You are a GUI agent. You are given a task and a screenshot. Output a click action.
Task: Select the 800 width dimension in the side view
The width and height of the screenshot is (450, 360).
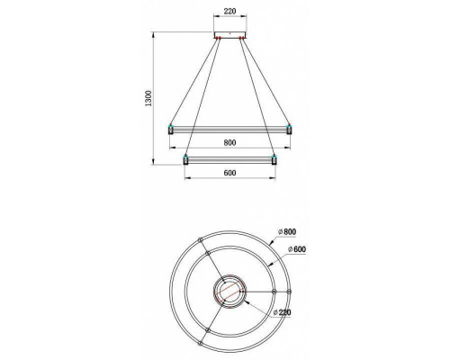coord(229,141)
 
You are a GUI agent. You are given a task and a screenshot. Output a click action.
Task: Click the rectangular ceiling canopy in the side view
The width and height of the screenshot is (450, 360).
coord(229,35)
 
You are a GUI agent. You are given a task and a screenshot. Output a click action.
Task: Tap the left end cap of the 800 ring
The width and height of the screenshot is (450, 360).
coord(171,130)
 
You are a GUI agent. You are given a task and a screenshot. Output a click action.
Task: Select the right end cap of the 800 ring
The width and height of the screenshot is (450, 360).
coord(289,130)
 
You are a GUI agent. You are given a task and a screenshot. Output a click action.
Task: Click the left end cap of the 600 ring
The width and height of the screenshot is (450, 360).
coord(185,159)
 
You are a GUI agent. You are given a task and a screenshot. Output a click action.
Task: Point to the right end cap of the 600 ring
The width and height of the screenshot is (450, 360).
coord(274,159)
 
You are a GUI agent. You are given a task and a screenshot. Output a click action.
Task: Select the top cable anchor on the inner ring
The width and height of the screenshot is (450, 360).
coord(208,254)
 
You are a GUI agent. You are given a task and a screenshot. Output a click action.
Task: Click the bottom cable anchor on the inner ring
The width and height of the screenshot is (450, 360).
coord(209,329)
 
